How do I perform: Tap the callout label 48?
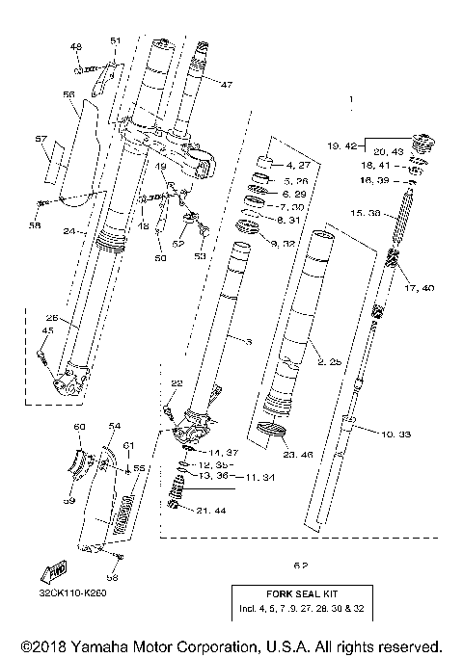coord(76,46)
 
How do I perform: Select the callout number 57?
coord(41,139)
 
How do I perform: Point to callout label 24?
coord(68,231)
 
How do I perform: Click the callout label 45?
coord(44,331)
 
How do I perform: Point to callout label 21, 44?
coord(209,510)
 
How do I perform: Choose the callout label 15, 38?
coord(392,213)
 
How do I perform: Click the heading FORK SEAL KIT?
coord(302,595)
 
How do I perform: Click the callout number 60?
coord(80,425)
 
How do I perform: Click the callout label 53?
coord(201,258)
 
